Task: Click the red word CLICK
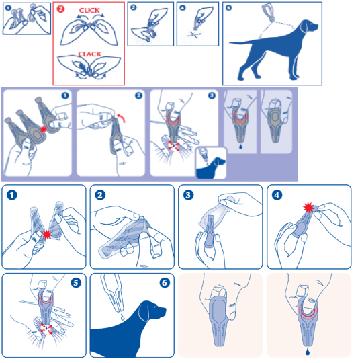coord(89,10)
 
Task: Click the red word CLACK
coord(90,54)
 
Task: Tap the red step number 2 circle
coord(60,9)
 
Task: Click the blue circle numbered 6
coord(165,282)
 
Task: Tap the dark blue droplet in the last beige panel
coord(308,352)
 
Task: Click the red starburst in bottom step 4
coord(309,208)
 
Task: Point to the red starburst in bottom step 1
coord(47,235)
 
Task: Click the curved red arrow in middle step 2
coord(122,118)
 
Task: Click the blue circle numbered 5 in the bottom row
coord(76,282)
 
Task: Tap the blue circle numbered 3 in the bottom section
coord(188,195)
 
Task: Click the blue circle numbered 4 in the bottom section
coord(277,195)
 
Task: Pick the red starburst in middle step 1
coord(44,130)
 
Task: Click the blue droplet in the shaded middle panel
coord(240,146)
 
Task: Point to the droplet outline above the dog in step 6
coord(122,317)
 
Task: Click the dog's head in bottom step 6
coord(152,311)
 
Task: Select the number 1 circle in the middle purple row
coord(65,95)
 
